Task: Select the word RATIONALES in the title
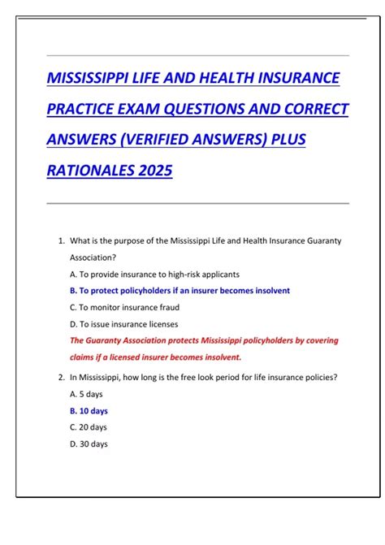pos(89,171)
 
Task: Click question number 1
pos(61,240)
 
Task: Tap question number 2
pos(61,377)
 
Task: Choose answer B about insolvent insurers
pos(180,291)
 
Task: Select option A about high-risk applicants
pos(154,274)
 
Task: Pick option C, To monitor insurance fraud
pos(124,307)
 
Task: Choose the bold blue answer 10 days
pos(89,411)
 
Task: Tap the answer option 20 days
pos(89,427)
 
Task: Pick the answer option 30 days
pos(89,444)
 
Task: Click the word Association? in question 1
pos(94,257)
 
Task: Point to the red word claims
pos(82,357)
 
